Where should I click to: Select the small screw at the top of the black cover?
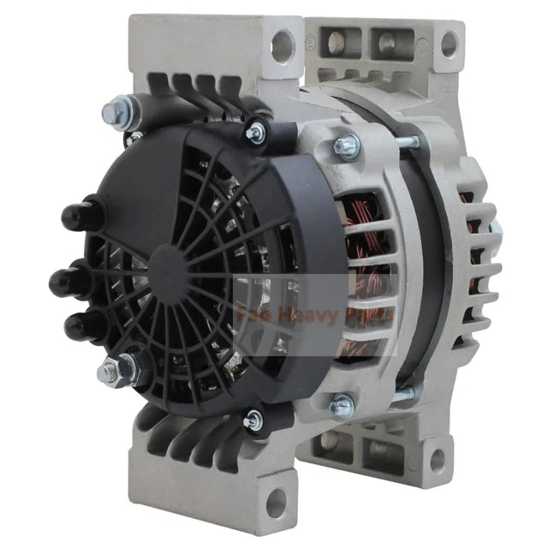click(254, 132)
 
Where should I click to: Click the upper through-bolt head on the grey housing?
click(347, 146)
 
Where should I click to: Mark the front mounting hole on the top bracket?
click(281, 43)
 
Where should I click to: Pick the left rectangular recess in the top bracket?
click(342, 39)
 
